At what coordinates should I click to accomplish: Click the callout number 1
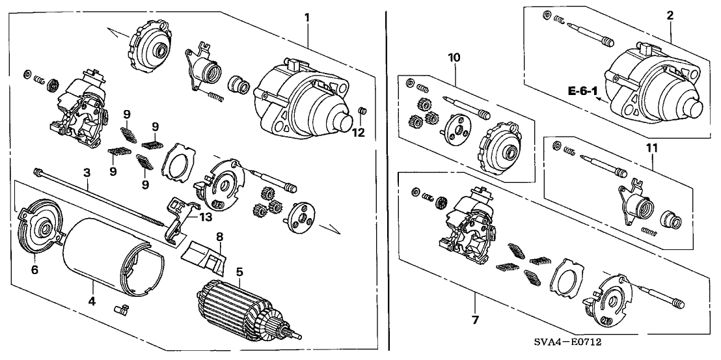pyautogui.click(x=306, y=16)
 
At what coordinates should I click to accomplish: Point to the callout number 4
pyautogui.click(x=92, y=301)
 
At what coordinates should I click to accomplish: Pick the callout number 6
pyautogui.click(x=34, y=268)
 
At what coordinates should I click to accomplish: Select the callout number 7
pyautogui.click(x=476, y=319)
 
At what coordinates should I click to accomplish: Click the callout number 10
pyautogui.click(x=454, y=57)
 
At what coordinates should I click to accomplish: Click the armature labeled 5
pyautogui.click(x=244, y=309)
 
